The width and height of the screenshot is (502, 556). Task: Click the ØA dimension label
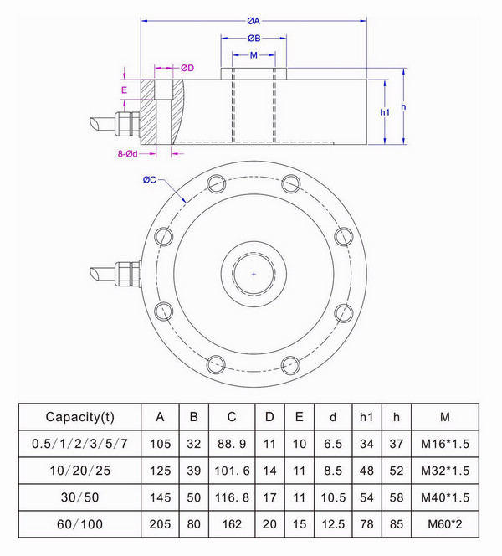[254, 21]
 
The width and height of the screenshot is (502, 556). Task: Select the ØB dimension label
[254, 39]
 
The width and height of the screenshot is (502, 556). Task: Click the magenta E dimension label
[124, 89]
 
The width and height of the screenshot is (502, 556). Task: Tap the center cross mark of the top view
[254, 274]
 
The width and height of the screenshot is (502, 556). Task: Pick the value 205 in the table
[160, 525]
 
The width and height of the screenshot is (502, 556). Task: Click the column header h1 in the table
[366, 416]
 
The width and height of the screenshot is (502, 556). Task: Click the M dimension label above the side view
[254, 55]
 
